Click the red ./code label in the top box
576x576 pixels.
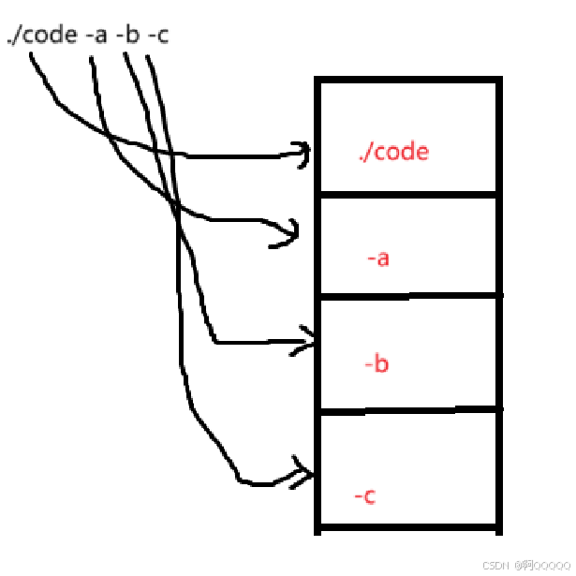[x=393, y=152]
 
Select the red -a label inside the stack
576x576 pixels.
[x=377, y=258]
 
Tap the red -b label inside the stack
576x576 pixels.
[x=376, y=363]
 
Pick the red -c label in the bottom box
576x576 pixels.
[x=365, y=495]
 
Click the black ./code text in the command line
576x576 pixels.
[x=41, y=37]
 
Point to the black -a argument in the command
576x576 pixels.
[x=96, y=37]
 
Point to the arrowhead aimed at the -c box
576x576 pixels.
[x=303, y=473]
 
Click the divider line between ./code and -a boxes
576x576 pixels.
[x=407, y=194]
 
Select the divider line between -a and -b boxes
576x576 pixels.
[x=407, y=296]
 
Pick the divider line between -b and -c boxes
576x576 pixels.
[x=407, y=409]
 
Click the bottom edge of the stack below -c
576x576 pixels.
[x=407, y=529]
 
